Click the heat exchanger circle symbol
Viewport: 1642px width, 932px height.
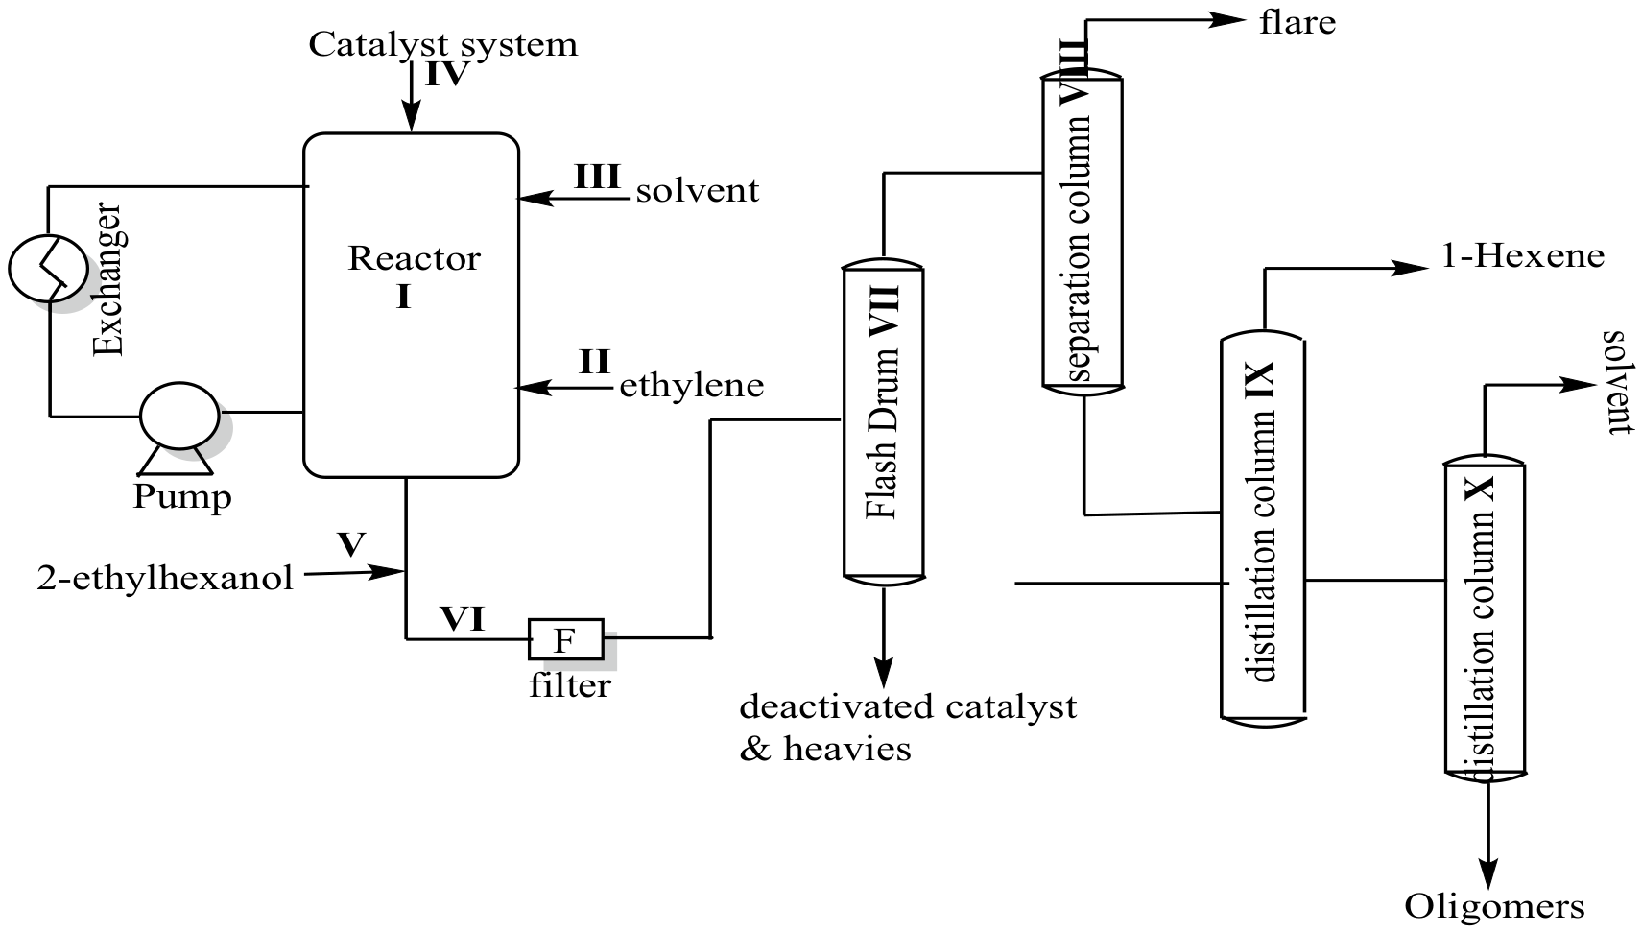point(48,268)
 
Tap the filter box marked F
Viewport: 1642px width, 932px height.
point(565,638)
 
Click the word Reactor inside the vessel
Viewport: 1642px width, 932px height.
point(414,258)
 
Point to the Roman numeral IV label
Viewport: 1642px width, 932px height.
point(446,75)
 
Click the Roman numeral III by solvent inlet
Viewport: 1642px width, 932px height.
point(597,178)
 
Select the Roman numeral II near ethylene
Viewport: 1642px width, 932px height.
point(594,362)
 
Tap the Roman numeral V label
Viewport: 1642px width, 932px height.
point(351,545)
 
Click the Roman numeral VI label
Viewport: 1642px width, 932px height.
point(462,619)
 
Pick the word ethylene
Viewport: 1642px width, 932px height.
point(691,386)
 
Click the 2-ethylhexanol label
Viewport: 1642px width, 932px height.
point(165,579)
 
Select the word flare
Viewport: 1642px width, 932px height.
point(1297,22)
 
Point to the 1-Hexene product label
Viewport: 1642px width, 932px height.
point(1522,256)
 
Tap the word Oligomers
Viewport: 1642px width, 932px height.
point(1493,905)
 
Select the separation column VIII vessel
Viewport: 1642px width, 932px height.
point(1082,230)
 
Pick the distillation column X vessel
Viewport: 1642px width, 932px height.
point(1484,619)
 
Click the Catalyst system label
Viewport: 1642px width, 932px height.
point(442,44)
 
